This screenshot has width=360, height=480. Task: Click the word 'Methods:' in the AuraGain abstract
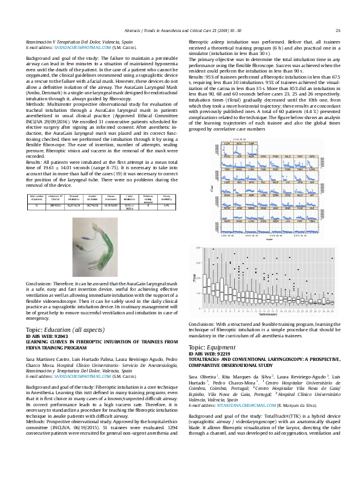click(x=36, y=103)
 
